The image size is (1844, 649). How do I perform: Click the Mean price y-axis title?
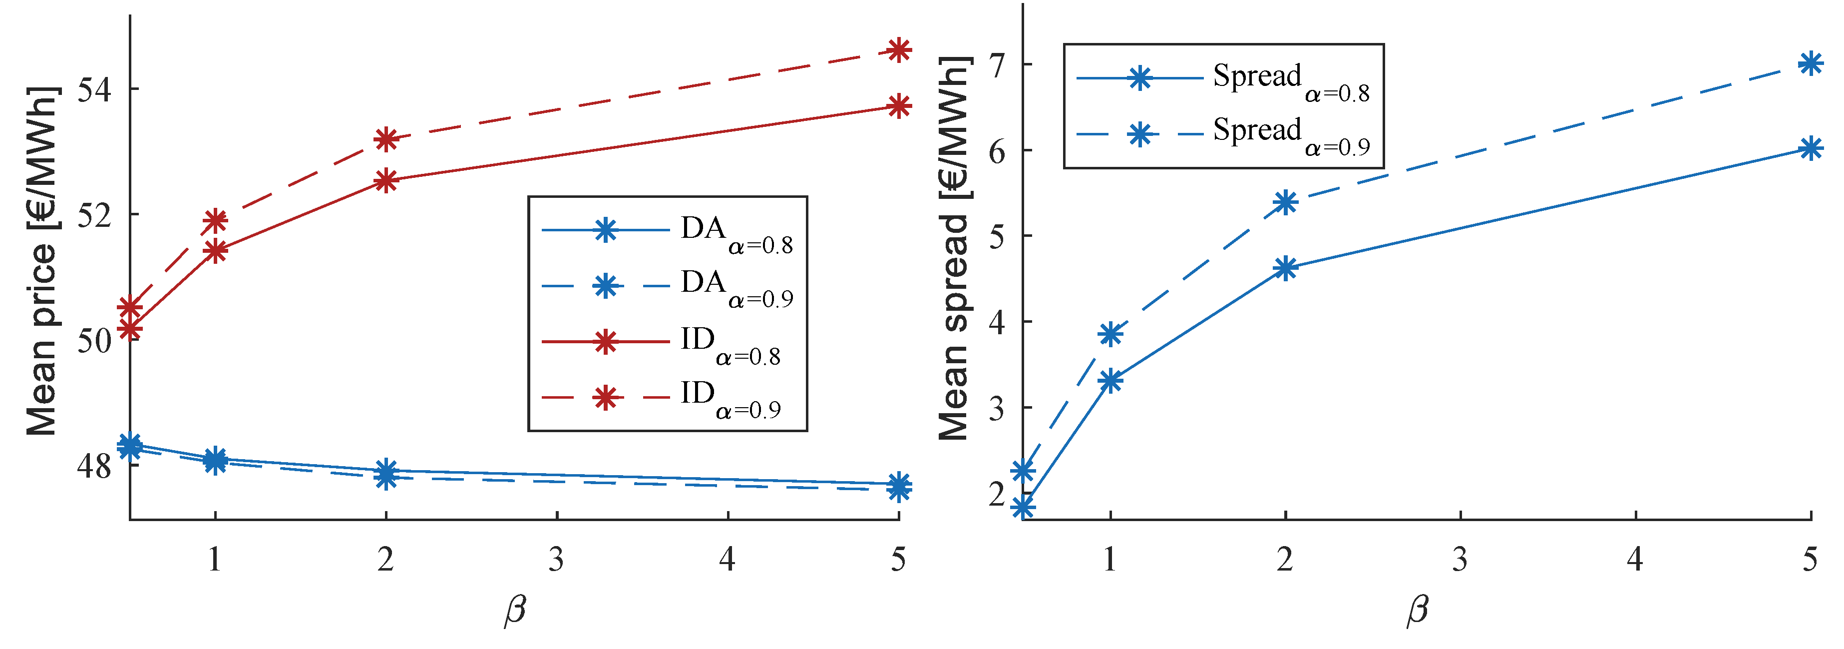(41, 261)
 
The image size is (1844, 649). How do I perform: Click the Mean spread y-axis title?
(954, 247)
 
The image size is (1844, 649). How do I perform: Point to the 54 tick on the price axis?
(94, 90)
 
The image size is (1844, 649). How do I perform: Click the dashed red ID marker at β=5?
(898, 49)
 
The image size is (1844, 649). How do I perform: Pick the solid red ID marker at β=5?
(898, 106)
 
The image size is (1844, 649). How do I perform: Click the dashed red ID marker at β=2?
(386, 138)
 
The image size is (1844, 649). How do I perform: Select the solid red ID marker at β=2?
(386, 180)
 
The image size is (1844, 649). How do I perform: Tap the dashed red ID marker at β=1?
(215, 221)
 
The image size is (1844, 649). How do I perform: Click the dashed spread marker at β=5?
(1811, 64)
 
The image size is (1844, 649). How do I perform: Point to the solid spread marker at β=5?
(1811, 148)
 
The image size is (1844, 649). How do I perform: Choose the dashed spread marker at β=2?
(1286, 202)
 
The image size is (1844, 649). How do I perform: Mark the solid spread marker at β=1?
(1110, 380)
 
